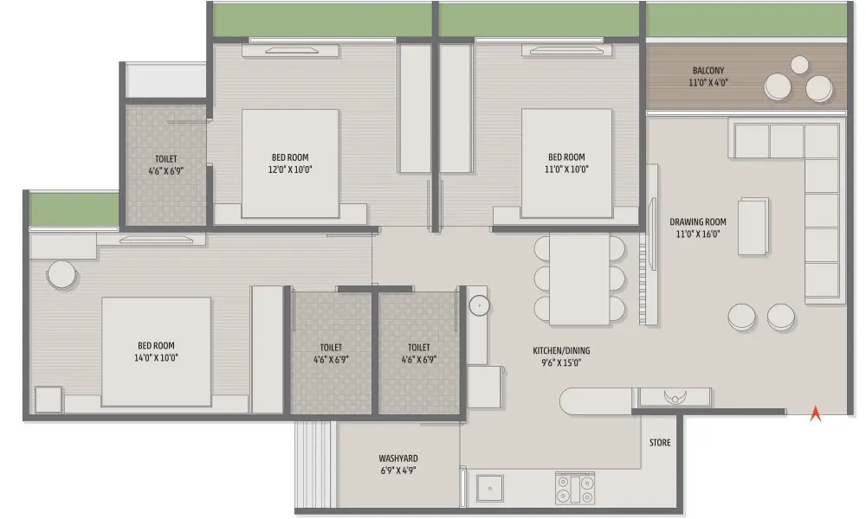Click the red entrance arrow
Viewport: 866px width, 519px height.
pyautogui.click(x=815, y=414)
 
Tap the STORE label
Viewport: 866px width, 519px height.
pyautogui.click(x=660, y=442)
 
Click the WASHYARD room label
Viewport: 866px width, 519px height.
pyautogui.click(x=398, y=458)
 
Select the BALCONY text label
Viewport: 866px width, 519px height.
pyautogui.click(x=708, y=71)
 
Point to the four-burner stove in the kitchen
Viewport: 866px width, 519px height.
pyautogui.click(x=575, y=488)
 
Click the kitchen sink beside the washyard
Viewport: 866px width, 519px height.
pyautogui.click(x=490, y=488)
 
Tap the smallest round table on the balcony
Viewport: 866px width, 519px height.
pyautogui.click(x=799, y=65)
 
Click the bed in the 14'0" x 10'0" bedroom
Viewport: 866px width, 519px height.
pyautogui.click(x=156, y=352)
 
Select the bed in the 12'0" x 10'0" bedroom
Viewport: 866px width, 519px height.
pyautogui.click(x=290, y=163)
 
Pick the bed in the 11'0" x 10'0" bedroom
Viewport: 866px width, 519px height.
pyautogui.click(x=566, y=163)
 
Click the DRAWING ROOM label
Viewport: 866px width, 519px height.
pyautogui.click(x=698, y=221)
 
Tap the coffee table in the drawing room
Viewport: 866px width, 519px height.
pyautogui.click(x=753, y=226)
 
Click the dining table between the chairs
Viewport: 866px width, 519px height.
pyautogui.click(x=579, y=279)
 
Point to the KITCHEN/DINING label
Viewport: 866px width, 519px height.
pyautogui.click(x=561, y=350)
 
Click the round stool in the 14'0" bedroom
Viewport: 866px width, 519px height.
pyautogui.click(x=61, y=274)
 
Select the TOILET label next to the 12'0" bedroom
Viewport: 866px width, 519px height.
pyautogui.click(x=165, y=159)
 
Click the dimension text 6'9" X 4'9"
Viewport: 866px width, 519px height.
pyautogui.click(x=398, y=471)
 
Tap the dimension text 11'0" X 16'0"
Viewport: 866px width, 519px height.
pyautogui.click(x=698, y=234)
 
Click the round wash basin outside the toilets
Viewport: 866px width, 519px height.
pyautogui.click(x=480, y=305)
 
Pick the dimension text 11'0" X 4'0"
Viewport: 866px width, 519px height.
pyautogui.click(x=708, y=83)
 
